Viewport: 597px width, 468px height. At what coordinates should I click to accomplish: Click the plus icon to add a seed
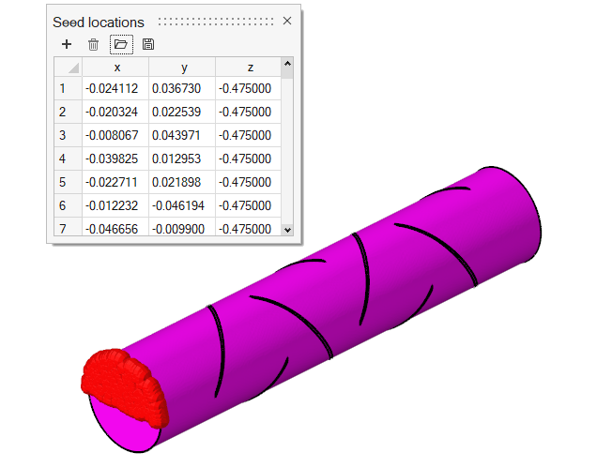tap(67, 44)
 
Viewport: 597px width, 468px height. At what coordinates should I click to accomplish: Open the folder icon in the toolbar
tap(121, 44)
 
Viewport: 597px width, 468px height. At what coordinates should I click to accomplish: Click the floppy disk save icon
tap(148, 44)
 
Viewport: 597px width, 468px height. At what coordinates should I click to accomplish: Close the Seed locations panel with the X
tap(287, 21)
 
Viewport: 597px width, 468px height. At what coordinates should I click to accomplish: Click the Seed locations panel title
tap(99, 23)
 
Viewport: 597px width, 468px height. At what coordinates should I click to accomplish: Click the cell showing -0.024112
tap(112, 89)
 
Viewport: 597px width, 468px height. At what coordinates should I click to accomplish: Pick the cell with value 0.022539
tap(176, 112)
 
